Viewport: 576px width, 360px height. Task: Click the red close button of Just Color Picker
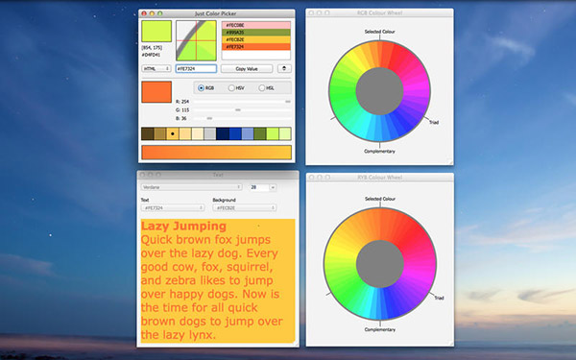point(144,12)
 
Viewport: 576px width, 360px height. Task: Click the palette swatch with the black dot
point(172,133)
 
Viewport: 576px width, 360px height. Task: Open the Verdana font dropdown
point(192,187)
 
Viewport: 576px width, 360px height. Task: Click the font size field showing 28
point(260,187)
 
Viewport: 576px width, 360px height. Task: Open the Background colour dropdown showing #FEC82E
point(245,206)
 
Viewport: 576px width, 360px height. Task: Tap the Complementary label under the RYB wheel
point(379,329)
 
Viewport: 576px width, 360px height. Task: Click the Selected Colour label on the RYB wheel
point(379,199)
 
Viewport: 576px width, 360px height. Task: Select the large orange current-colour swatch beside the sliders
point(156,93)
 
